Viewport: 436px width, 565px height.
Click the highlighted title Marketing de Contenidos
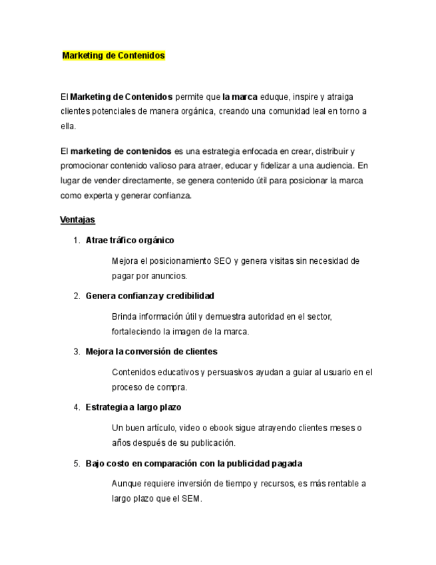pyautogui.click(x=113, y=56)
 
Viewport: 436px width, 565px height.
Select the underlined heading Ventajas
pyautogui.click(x=77, y=219)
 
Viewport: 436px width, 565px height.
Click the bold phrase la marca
pyautogui.click(x=240, y=97)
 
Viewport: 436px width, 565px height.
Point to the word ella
pyautogui.click(x=68, y=126)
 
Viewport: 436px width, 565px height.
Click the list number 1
pyautogui.click(x=76, y=240)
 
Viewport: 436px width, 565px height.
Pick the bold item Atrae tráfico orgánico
pyautogui.click(x=130, y=240)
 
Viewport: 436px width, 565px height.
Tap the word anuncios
pyautogui.click(x=169, y=275)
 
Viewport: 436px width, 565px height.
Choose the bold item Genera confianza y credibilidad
pyautogui.click(x=150, y=295)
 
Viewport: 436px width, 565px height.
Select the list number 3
pyautogui.click(x=76, y=351)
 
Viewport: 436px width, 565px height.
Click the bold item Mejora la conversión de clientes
pyautogui.click(x=151, y=351)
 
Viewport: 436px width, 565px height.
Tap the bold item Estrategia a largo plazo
pyautogui.click(x=133, y=406)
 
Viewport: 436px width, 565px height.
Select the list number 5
pyautogui.click(x=76, y=462)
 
